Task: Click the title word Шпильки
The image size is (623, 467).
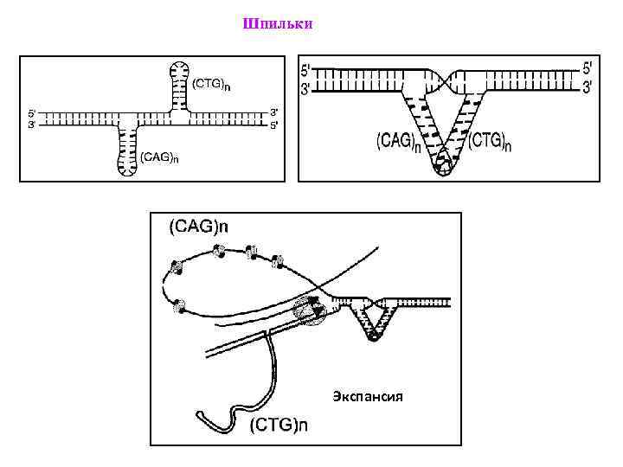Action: click(x=278, y=23)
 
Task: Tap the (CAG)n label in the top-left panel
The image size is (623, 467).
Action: click(x=160, y=157)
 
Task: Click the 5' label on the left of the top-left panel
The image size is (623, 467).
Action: click(x=32, y=112)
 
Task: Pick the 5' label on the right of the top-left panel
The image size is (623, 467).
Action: click(x=274, y=124)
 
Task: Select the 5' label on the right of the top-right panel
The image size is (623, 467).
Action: click(x=588, y=67)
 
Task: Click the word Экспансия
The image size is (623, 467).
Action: click(x=368, y=398)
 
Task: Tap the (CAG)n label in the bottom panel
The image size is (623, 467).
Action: click(x=198, y=227)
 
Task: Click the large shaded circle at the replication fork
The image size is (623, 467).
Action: click(x=307, y=310)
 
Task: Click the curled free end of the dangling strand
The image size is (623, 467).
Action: click(x=206, y=416)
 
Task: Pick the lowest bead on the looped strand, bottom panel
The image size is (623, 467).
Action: click(x=179, y=305)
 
